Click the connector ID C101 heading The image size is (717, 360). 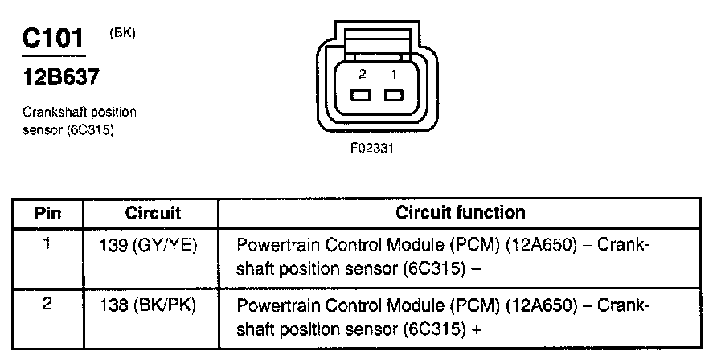click(x=53, y=39)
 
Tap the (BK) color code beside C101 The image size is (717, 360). click(x=122, y=33)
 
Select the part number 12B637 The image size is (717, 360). click(x=61, y=76)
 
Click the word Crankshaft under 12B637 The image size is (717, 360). click(x=55, y=112)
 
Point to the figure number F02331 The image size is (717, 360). click(x=371, y=149)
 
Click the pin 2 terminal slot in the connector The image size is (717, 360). click(x=360, y=95)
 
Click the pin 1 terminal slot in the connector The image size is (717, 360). click(x=394, y=95)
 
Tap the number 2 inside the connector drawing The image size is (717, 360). click(x=363, y=74)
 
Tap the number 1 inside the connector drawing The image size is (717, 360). click(x=394, y=74)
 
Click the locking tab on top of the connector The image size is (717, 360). click(x=377, y=42)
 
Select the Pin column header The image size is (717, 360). click(x=47, y=214)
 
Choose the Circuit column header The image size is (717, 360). click(x=153, y=213)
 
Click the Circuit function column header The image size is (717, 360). click(x=460, y=212)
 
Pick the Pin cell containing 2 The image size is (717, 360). click(x=47, y=304)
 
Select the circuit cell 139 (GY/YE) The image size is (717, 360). click(x=148, y=246)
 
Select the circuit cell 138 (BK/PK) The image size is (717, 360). click(x=148, y=305)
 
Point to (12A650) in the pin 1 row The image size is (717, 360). click(x=542, y=245)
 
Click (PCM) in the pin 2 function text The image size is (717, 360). click(x=475, y=305)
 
